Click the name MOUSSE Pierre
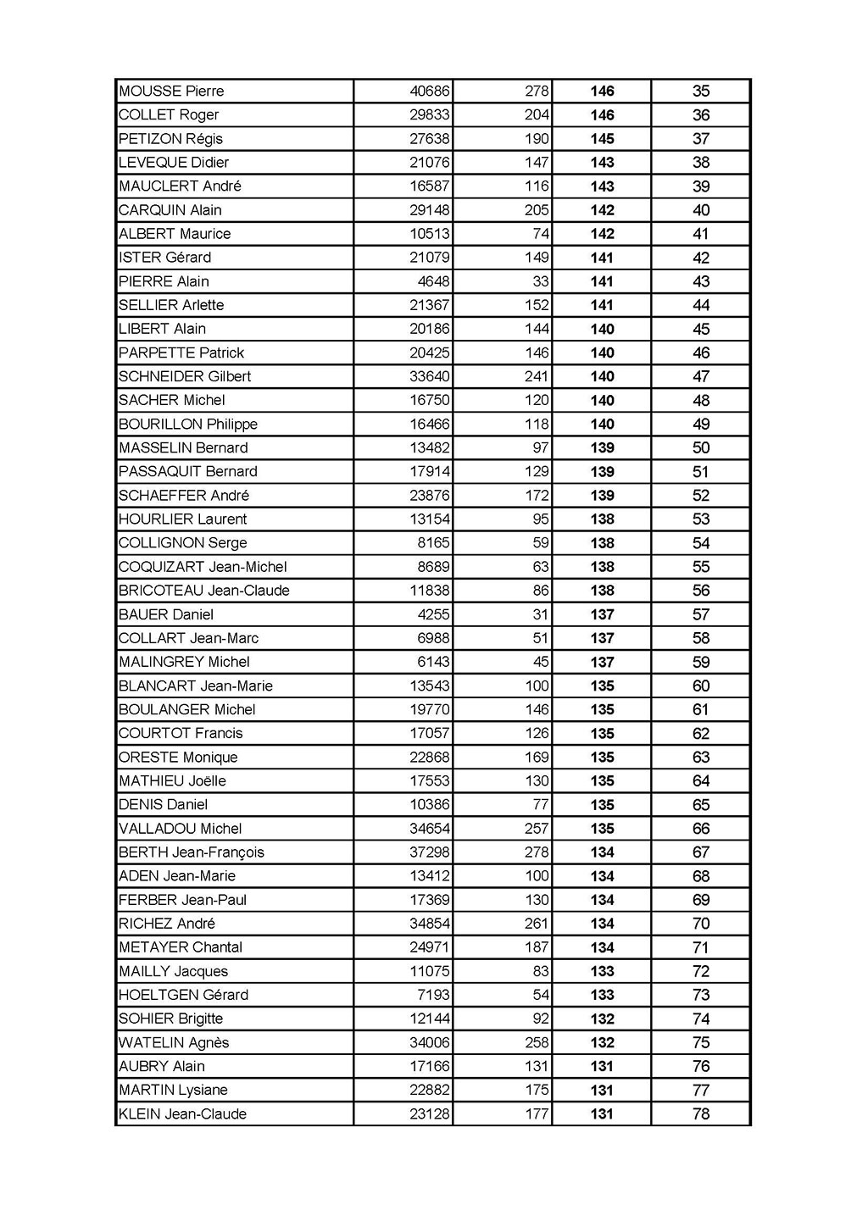(x=171, y=92)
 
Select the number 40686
(x=430, y=92)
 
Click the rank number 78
(x=701, y=1114)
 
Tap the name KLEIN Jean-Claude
(x=182, y=1114)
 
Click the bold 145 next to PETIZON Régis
(x=602, y=139)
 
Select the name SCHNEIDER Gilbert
(x=185, y=376)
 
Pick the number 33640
(x=430, y=376)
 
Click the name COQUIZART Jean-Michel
(x=203, y=567)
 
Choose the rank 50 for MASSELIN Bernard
(x=701, y=448)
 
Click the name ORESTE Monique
(x=178, y=758)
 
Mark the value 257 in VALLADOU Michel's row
(x=537, y=829)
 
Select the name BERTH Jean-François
(x=192, y=852)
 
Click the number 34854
(x=430, y=924)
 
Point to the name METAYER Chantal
(x=181, y=947)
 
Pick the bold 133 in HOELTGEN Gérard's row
(x=602, y=995)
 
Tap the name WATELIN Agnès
(x=174, y=1042)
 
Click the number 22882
(x=430, y=1091)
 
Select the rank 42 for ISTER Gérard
(x=701, y=258)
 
